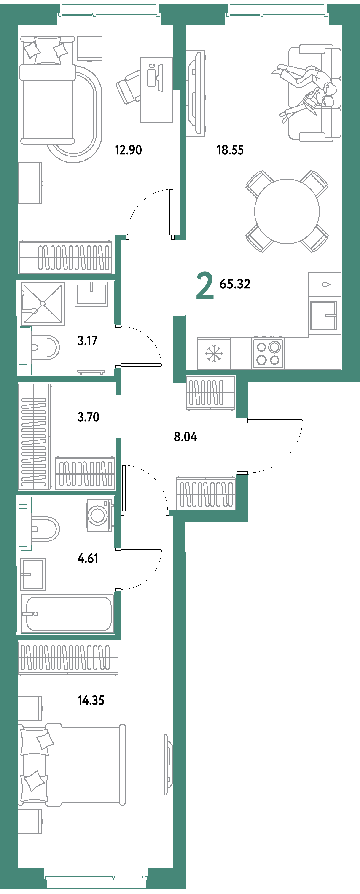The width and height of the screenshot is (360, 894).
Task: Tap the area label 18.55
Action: click(x=230, y=150)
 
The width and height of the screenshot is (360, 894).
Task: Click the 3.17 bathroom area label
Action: click(x=87, y=341)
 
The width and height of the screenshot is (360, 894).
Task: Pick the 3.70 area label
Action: click(x=89, y=417)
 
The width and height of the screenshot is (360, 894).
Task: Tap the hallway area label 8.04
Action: click(x=185, y=437)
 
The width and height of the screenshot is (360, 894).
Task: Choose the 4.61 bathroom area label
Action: click(x=88, y=558)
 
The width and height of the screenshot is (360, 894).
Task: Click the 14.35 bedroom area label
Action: click(x=91, y=700)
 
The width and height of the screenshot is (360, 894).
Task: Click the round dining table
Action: click(x=287, y=211)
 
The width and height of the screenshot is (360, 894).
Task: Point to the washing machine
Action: click(x=99, y=515)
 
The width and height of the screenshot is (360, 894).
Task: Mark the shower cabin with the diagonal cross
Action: click(x=43, y=304)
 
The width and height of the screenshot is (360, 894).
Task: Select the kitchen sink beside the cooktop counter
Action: click(x=324, y=315)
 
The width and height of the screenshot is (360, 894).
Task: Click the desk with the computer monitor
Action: click(x=156, y=90)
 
